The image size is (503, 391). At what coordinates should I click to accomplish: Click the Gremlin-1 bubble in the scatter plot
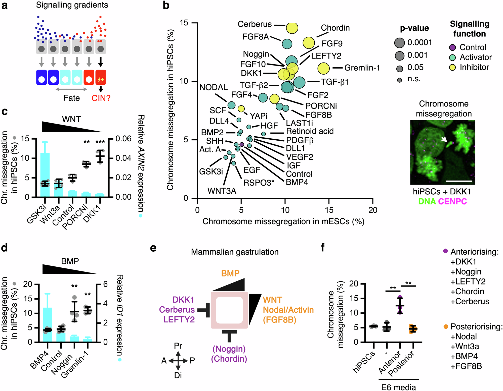pos(323,68)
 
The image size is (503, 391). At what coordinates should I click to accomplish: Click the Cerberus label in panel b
pos(255,24)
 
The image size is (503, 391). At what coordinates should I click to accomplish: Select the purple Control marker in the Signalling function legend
pos(452,47)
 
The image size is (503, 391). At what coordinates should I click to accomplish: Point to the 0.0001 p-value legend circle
pos(399,43)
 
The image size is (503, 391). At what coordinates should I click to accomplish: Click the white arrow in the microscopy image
pos(444,139)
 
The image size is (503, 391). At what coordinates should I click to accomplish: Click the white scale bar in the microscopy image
pos(459,181)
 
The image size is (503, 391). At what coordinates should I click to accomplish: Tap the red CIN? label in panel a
pos(101,98)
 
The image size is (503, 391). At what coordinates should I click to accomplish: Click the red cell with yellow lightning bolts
pos(101,77)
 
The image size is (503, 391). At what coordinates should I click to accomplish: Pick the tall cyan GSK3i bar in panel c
pos(45,173)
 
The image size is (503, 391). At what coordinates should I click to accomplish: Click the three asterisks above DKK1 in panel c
pos(100,142)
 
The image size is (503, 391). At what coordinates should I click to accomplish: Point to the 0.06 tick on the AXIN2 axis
pos(123,139)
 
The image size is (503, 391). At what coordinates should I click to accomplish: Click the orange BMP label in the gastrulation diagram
pos(230,273)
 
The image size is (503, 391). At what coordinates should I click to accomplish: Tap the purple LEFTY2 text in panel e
pos(179,319)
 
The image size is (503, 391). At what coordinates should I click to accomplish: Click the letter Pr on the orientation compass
pos(178,346)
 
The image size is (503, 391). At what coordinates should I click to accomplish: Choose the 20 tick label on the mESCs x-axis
pos(373,210)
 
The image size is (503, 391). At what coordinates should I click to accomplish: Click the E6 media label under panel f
pos(398,387)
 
